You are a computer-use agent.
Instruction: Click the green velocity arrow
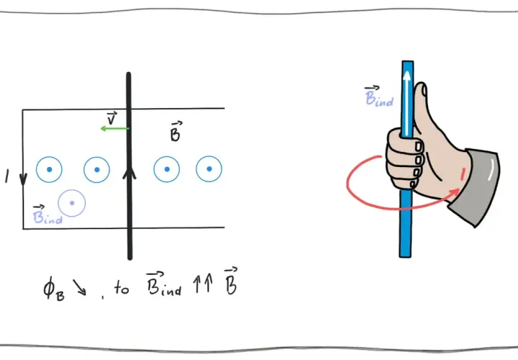point(114,128)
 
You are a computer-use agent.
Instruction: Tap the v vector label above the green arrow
point(112,118)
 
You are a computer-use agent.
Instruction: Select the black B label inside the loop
point(175,132)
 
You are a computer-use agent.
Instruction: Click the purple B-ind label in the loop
point(47,215)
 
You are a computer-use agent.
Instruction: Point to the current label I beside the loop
point(7,176)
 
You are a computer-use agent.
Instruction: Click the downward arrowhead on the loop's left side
point(23,179)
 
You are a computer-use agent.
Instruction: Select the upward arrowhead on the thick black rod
point(129,174)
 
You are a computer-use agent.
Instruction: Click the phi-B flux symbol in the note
point(54,289)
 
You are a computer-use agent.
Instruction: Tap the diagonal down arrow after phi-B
point(80,287)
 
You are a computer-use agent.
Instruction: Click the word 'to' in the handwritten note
point(122,287)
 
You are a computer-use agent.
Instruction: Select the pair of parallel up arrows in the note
point(202,284)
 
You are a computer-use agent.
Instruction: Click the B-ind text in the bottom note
point(164,284)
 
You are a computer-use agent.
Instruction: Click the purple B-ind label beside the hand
point(379,96)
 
